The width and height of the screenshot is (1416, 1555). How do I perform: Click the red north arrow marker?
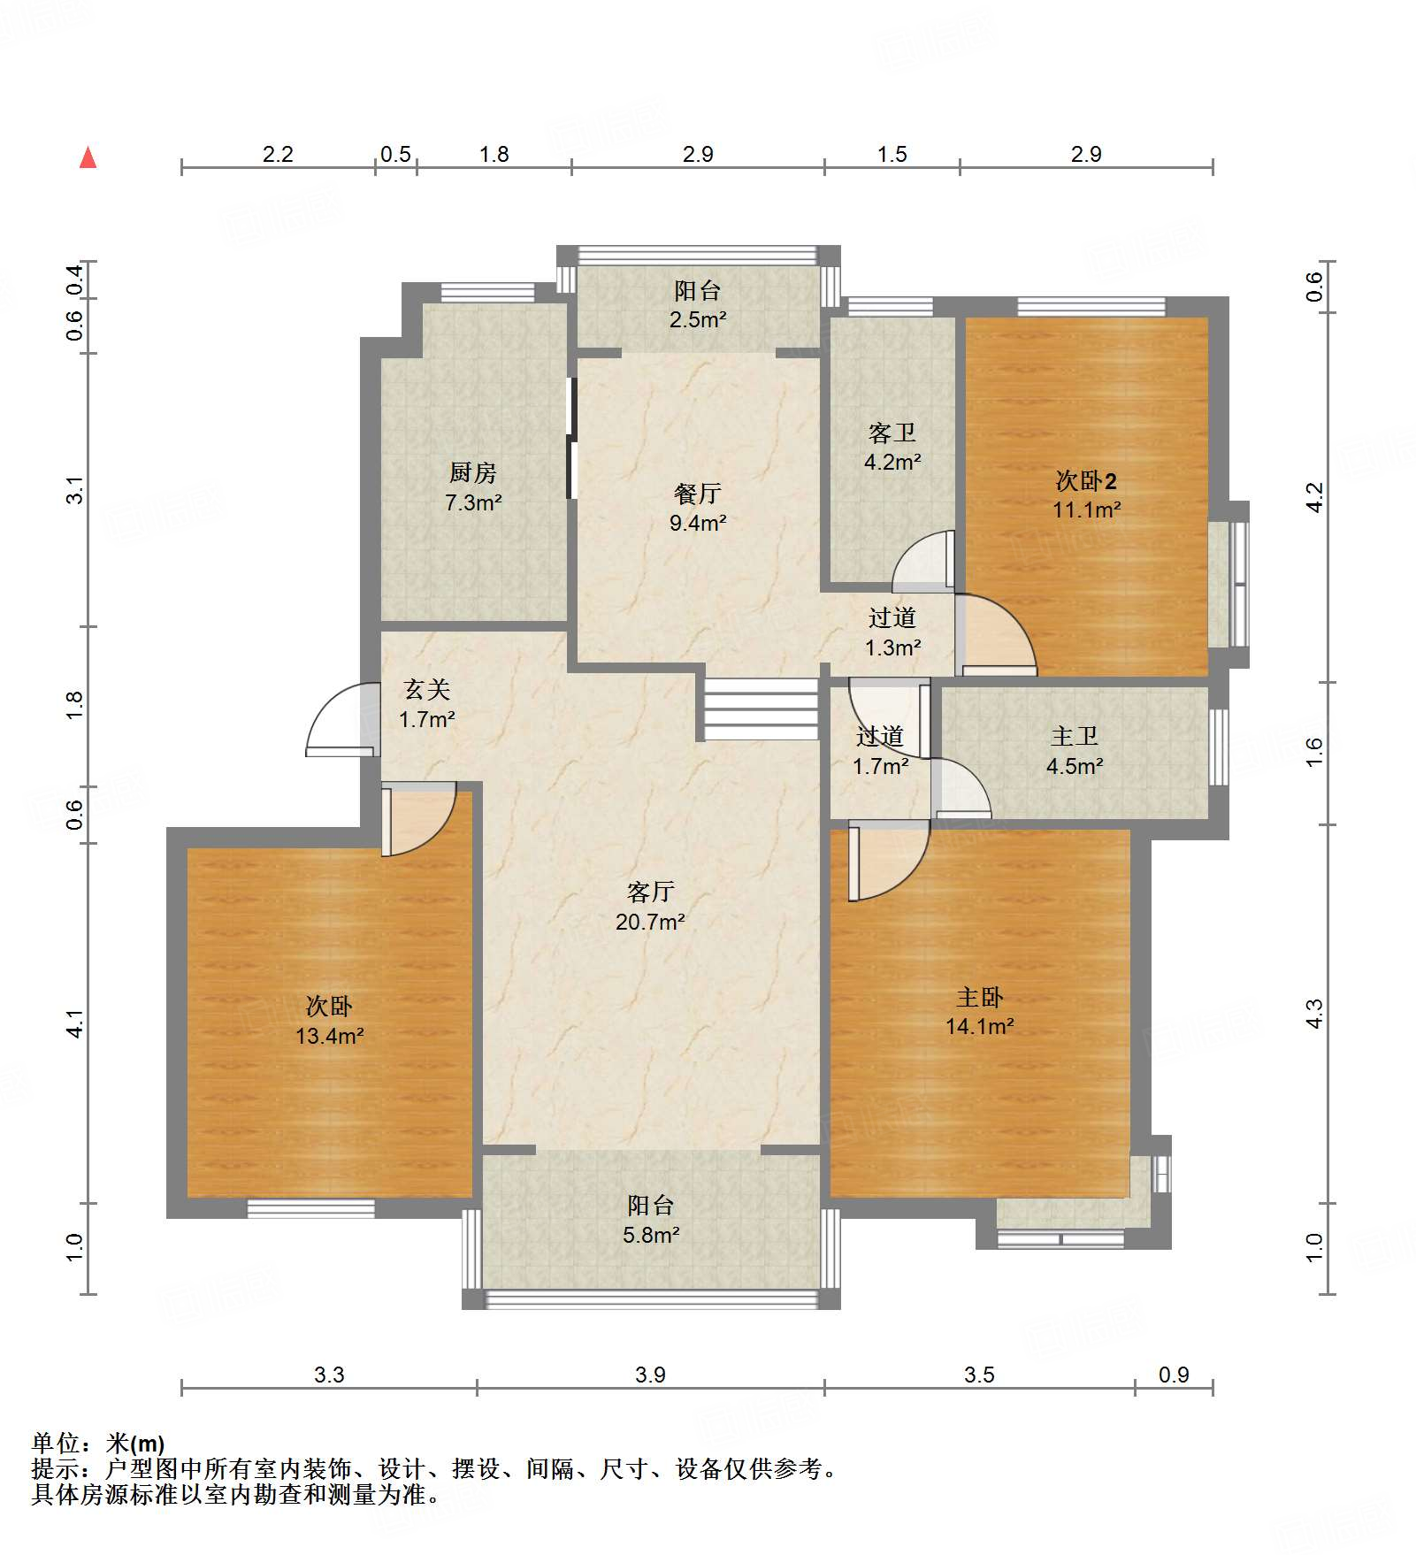click(88, 158)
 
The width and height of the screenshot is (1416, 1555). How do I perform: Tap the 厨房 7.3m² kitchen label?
click(473, 487)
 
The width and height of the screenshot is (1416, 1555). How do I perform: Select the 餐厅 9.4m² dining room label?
click(698, 508)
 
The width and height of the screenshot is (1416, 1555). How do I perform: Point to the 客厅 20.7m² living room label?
click(651, 907)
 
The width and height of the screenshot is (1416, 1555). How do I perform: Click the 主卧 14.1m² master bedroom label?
click(980, 1012)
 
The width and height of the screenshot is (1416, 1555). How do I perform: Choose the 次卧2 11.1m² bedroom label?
click(1087, 495)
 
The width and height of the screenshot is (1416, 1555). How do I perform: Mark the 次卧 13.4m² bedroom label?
click(329, 1021)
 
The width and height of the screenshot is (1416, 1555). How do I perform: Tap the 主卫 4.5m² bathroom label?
click(1075, 751)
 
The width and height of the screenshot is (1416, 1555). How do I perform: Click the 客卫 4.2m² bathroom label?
click(892, 447)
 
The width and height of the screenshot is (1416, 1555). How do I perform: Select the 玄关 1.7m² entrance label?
click(427, 704)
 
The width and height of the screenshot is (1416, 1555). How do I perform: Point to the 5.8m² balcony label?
click(651, 1220)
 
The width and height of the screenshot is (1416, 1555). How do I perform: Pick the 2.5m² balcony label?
click(698, 304)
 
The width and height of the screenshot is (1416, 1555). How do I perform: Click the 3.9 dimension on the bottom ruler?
click(650, 1375)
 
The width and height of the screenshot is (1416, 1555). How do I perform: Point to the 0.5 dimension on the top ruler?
click(395, 155)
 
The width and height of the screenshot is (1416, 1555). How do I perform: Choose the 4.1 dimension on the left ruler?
click(75, 1023)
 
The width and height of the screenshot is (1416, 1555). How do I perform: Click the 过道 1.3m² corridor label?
click(892, 632)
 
